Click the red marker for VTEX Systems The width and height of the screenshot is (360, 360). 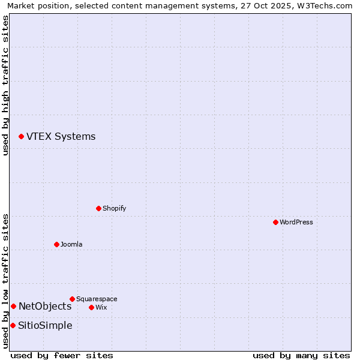(21, 137)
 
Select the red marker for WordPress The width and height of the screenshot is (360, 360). (275, 222)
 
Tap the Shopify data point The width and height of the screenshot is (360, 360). (98, 208)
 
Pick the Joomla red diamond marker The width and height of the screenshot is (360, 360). (56, 244)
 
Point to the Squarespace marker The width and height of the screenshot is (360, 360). (72, 299)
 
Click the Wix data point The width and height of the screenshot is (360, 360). (91, 307)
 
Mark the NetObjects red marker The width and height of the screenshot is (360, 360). (13, 306)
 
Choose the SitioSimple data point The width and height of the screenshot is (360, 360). (13, 325)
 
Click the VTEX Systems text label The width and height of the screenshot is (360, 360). (61, 137)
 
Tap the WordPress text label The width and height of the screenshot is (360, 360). (296, 223)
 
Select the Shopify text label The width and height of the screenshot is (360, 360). (114, 209)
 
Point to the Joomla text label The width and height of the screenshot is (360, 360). (71, 245)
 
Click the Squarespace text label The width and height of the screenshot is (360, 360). (97, 299)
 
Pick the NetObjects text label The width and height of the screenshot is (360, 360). (45, 307)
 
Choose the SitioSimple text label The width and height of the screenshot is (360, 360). (45, 326)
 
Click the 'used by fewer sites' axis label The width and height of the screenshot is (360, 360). (62, 355)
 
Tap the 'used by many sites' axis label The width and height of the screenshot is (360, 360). (301, 355)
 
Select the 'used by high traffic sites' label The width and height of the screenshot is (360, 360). (5, 85)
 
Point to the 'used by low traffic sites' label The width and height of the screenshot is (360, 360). (5, 281)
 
